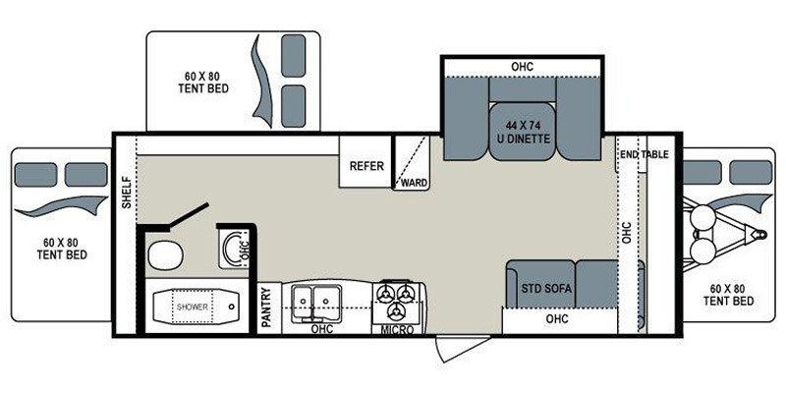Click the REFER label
click(x=366, y=166)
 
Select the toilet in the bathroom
click(x=162, y=256)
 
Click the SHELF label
click(x=126, y=192)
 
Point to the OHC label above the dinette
click(x=522, y=67)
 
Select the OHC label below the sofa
click(x=556, y=319)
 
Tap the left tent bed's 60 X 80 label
click(x=61, y=248)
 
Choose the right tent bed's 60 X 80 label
click(x=731, y=295)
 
